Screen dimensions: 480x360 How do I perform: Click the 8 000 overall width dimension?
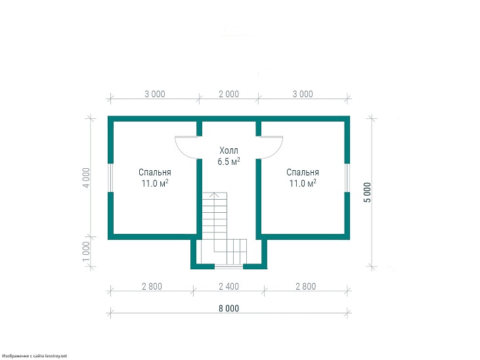(229, 308)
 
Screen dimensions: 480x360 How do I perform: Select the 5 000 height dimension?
(367, 192)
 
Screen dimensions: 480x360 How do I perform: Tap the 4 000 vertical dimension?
(87, 178)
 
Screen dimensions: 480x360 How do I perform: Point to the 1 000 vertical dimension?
(87, 252)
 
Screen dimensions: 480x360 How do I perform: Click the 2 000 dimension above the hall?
(229, 94)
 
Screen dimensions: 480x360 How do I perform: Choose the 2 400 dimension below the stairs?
(229, 286)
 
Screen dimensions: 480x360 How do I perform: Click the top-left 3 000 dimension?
(154, 94)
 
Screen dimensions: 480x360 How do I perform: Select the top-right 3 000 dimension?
(303, 94)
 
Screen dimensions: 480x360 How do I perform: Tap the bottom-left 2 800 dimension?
(152, 286)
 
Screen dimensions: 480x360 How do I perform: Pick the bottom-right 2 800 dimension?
(305, 286)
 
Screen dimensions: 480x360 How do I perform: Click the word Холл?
(229, 150)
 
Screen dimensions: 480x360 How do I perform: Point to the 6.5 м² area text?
(229, 161)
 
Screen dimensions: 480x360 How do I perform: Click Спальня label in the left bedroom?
(154, 172)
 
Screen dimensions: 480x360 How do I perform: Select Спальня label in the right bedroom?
(303, 172)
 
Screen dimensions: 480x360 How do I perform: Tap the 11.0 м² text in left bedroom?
(154, 183)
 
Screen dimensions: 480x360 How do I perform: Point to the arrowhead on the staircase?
(214, 194)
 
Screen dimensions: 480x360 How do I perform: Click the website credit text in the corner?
(33, 356)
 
